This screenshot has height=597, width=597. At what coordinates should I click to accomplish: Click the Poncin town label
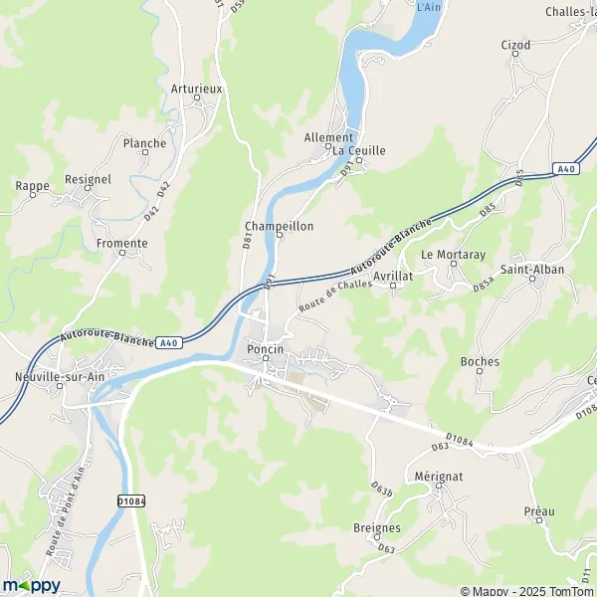[265, 350]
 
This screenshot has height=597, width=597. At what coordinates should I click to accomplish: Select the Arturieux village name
[196, 89]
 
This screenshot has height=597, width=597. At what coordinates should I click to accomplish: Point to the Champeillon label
[279, 227]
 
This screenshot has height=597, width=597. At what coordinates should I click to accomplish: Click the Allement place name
[328, 138]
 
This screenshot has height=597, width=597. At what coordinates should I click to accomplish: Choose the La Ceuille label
[358, 151]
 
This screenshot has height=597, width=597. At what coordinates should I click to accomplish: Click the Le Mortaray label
[453, 255]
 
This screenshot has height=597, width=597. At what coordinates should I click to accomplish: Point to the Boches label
[480, 362]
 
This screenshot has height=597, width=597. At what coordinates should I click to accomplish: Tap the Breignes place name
[377, 527]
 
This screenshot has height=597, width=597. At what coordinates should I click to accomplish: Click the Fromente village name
[121, 243]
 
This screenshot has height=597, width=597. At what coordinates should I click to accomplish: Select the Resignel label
[89, 179]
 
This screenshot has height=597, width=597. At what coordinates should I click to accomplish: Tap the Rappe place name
[32, 185]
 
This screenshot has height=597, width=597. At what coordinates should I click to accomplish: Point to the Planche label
[144, 143]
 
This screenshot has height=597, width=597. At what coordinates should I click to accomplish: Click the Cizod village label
[516, 45]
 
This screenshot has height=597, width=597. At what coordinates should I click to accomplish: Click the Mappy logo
[31, 585]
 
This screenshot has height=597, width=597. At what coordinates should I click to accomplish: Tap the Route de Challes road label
[336, 296]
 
